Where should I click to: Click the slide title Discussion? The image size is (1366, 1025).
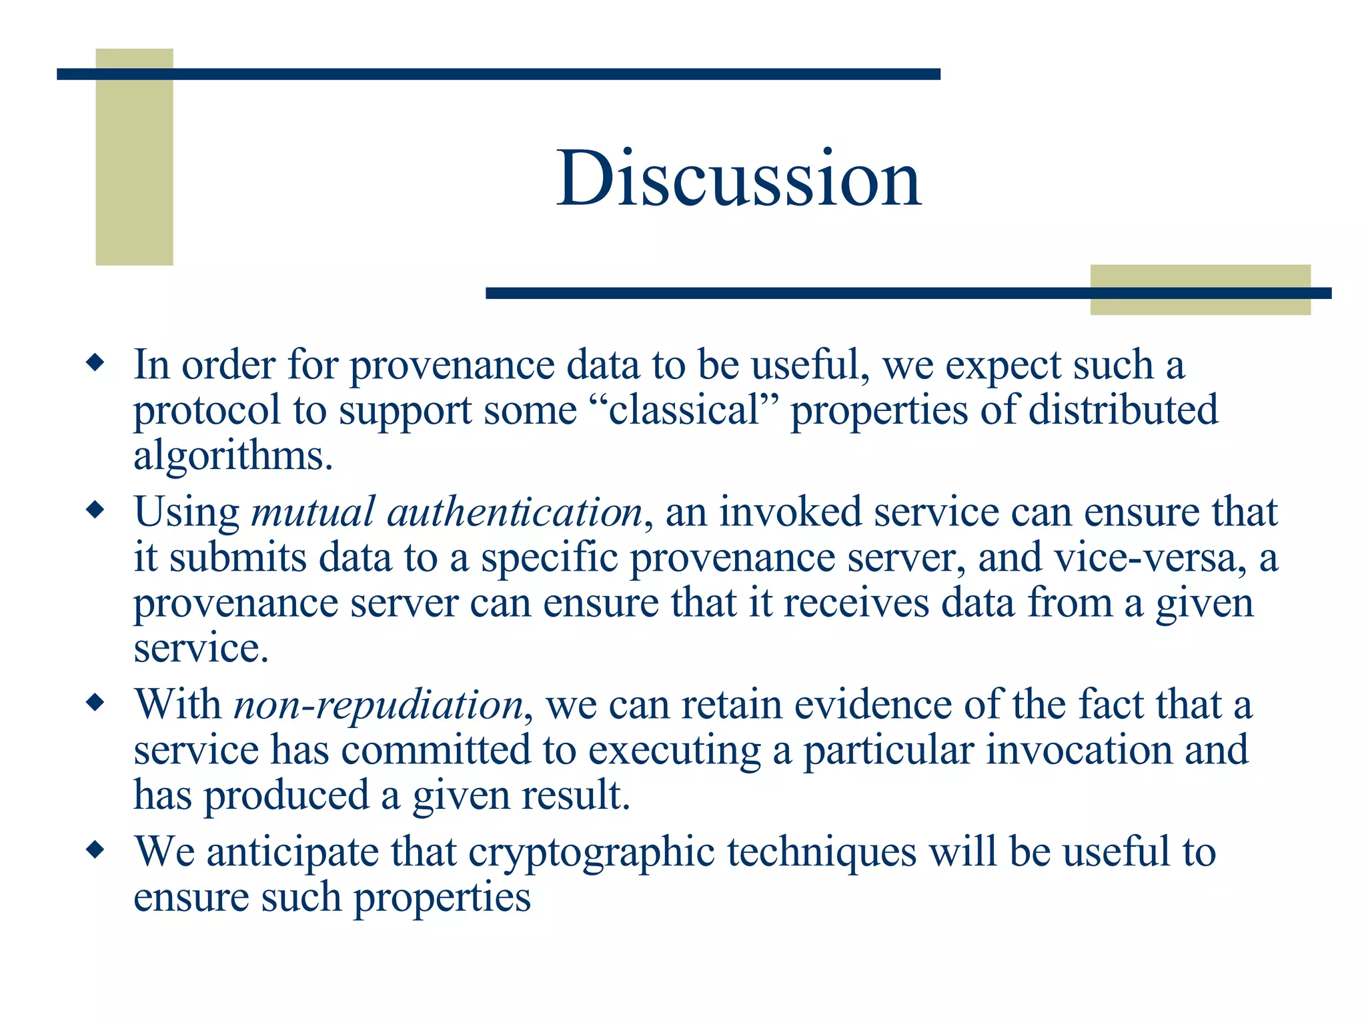pyautogui.click(x=739, y=179)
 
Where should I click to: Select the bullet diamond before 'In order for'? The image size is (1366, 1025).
pyautogui.click(x=96, y=364)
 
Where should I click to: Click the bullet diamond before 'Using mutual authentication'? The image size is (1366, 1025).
pyautogui.click(x=96, y=511)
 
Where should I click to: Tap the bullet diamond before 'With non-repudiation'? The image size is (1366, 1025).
pyautogui.click(x=96, y=703)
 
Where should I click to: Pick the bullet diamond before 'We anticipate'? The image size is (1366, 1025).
pyautogui.click(x=96, y=850)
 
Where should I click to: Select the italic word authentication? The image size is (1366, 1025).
pyautogui.click(x=514, y=512)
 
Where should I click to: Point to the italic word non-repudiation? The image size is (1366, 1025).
pyautogui.click(x=378, y=705)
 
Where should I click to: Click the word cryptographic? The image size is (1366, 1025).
pyautogui.click(x=591, y=853)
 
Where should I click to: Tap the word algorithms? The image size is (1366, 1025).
pyautogui.click(x=232, y=456)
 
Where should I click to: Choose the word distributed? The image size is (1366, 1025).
pyautogui.click(x=1123, y=410)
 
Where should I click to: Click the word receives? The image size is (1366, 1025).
pyautogui.click(x=856, y=603)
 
